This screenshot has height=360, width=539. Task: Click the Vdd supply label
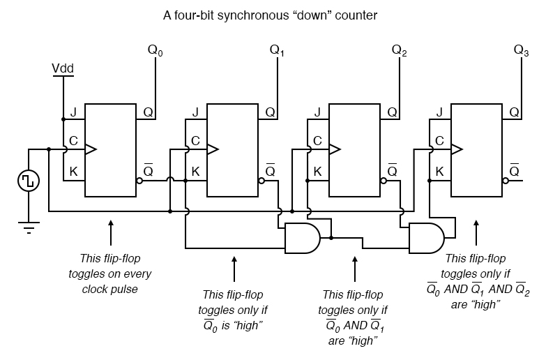63,69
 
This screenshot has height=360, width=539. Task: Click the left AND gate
302,238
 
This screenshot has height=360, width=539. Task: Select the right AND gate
425,238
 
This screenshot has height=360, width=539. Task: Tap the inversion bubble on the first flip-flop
139,181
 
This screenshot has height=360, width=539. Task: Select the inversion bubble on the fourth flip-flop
506,181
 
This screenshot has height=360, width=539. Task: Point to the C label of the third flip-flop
317,141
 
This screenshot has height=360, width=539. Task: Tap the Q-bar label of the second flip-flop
271,170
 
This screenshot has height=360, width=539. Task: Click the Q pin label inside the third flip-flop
392,112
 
